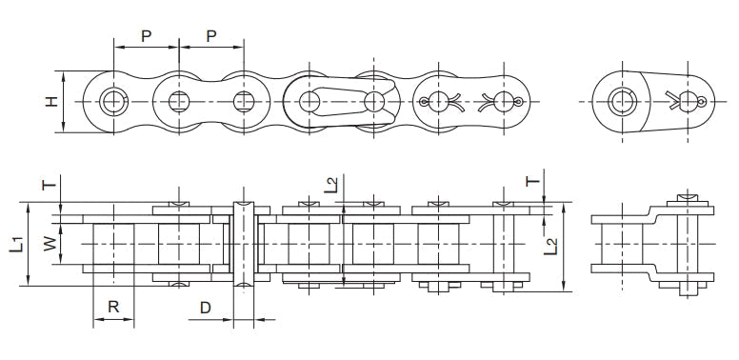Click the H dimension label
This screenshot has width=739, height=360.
(51, 100)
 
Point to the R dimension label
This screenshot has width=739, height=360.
(112, 307)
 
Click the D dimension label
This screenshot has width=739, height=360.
(205, 307)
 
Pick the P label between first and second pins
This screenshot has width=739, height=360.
(146, 35)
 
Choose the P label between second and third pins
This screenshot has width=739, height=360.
(210, 35)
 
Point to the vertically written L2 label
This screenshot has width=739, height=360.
(549, 247)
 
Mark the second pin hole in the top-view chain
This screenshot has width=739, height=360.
(178, 101)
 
